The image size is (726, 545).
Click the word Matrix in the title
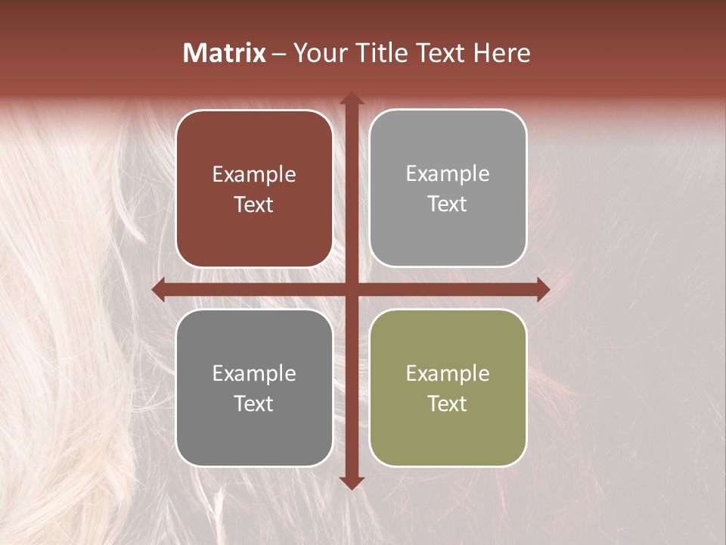(225, 53)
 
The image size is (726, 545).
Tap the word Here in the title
(501, 53)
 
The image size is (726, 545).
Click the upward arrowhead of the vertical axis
(352, 99)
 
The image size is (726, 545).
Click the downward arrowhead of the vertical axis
(352, 482)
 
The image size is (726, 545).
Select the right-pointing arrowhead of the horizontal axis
(543, 290)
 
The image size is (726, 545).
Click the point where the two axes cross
(352, 290)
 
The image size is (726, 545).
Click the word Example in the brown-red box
(254, 175)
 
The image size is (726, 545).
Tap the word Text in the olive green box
(448, 403)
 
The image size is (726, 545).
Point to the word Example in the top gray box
(448, 174)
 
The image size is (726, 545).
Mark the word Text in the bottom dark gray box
(254, 403)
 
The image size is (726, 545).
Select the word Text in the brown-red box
(254, 204)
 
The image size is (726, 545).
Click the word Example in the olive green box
(448, 373)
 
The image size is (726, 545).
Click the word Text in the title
(439, 53)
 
